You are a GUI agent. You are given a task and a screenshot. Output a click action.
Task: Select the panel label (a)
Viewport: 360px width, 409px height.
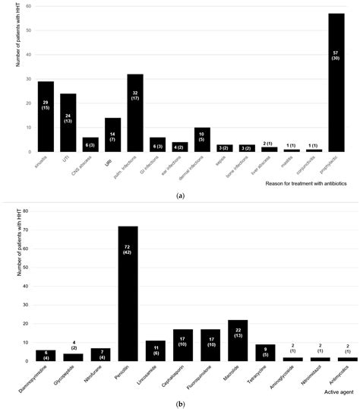[x=180, y=196]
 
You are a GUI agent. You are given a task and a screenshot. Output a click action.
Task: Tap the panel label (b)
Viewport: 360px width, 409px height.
[x=180, y=402]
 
